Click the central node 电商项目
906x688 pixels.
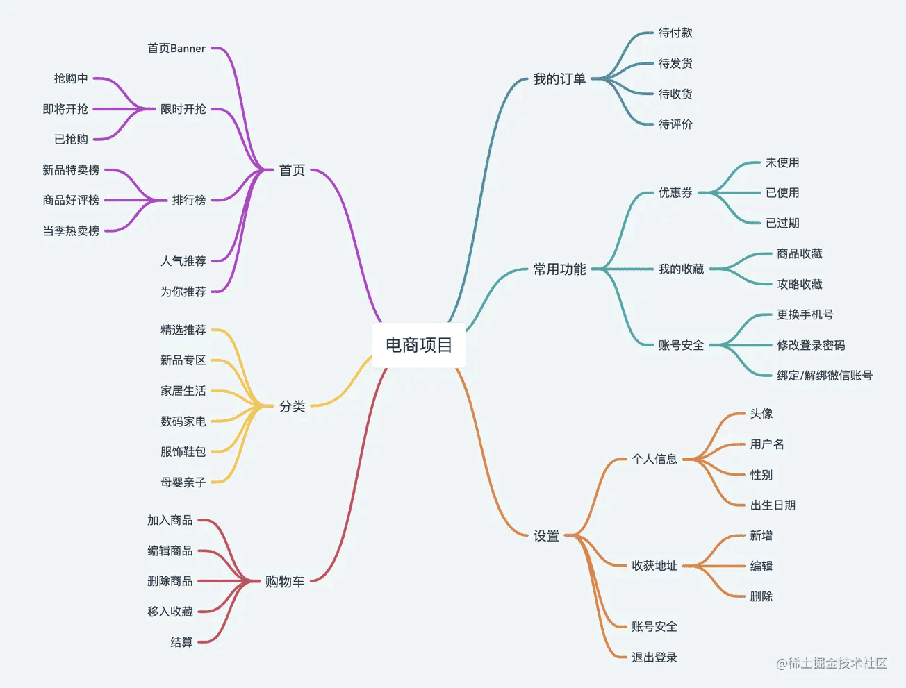pyautogui.click(x=419, y=345)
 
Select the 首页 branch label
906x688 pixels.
pyautogui.click(x=292, y=170)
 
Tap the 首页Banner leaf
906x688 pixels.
pyautogui.click(x=176, y=49)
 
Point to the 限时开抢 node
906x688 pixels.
pyautogui.click(x=183, y=109)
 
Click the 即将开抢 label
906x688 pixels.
pyautogui.click(x=65, y=109)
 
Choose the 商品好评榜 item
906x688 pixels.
pyautogui.click(x=71, y=200)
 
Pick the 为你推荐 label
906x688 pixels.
pyautogui.click(x=183, y=292)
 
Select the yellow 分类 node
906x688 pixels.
pyautogui.click(x=292, y=406)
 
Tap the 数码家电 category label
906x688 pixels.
pyautogui.click(x=183, y=421)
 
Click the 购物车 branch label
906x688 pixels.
pyautogui.click(x=285, y=581)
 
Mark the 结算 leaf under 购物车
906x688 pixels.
pyautogui.click(x=181, y=642)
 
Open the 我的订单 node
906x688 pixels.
pyautogui.click(x=559, y=79)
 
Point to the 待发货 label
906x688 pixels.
pyautogui.click(x=675, y=63)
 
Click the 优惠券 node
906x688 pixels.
pyautogui.click(x=675, y=192)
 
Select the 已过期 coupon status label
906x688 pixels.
pyautogui.click(x=782, y=223)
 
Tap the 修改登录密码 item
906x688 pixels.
pyautogui.click(x=811, y=345)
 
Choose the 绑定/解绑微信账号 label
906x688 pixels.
pyautogui.click(x=825, y=376)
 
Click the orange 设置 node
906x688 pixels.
pyautogui.click(x=546, y=535)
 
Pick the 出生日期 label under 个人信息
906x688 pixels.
pyautogui.click(x=773, y=505)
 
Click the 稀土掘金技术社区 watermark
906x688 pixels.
pyautogui.click(x=832, y=663)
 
